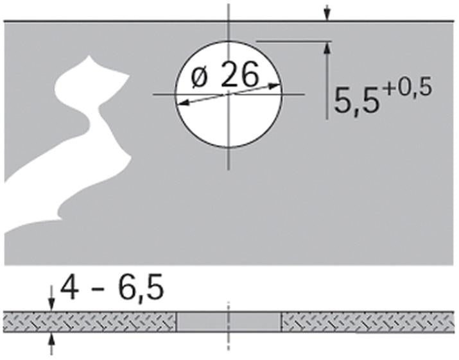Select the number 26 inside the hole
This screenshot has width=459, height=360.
click(x=239, y=76)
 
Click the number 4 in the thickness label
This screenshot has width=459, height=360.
click(x=70, y=288)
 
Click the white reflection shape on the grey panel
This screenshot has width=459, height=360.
click(x=71, y=154)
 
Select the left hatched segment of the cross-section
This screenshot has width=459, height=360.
click(x=90, y=322)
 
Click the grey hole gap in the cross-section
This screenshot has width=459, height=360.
click(x=229, y=322)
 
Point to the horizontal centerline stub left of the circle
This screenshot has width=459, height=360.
click(x=163, y=94)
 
